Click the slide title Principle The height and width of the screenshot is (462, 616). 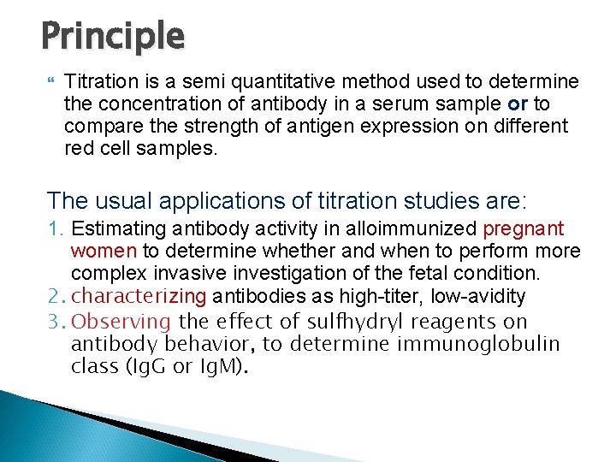click(112, 36)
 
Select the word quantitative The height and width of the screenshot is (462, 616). click(262, 82)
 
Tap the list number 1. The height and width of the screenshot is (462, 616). click(55, 229)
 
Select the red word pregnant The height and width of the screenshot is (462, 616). click(524, 229)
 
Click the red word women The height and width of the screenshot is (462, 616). click(104, 252)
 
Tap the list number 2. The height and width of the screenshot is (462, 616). click(56, 296)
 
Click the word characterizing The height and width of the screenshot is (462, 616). click(139, 296)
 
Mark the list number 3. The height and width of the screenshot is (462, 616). click(56, 321)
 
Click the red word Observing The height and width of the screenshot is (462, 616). click(121, 321)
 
